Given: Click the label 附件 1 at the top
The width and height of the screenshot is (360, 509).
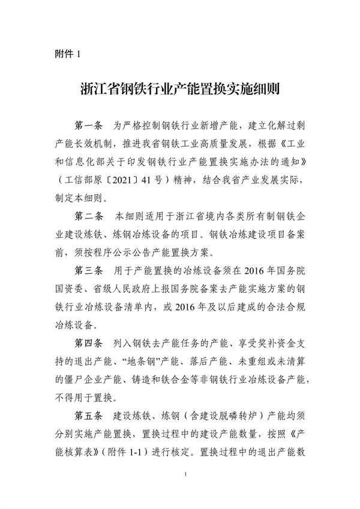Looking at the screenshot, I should pos(67,55).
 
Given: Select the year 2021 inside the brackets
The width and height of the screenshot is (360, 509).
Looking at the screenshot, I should pos(116,179).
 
